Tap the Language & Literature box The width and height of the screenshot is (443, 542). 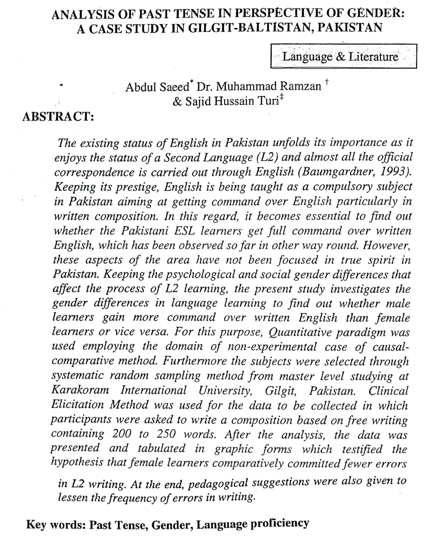click(343, 56)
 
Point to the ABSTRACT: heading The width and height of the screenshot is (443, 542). click(58, 117)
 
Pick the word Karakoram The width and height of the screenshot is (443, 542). click(80, 390)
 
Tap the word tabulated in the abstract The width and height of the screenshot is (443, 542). click(162, 449)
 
